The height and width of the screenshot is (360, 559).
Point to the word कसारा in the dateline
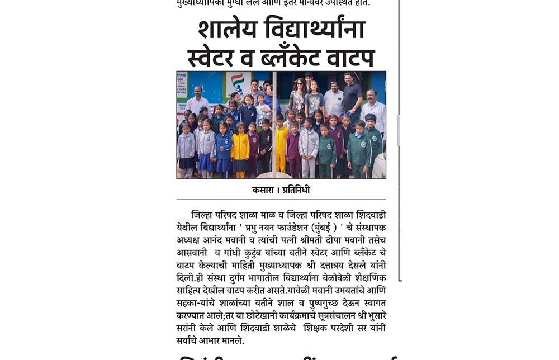click(264, 190)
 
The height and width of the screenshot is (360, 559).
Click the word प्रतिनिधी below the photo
click(294, 190)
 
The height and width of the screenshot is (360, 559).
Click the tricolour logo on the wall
click(238, 84)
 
